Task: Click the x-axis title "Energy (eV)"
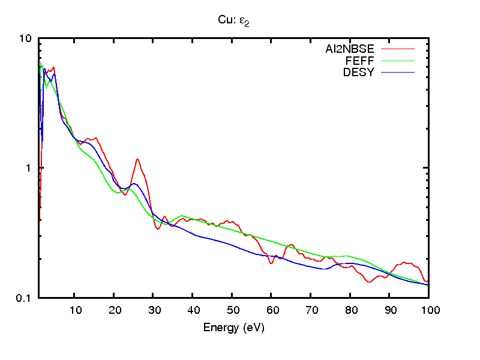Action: point(233,328)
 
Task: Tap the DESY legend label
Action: point(359,73)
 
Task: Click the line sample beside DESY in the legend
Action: point(398,73)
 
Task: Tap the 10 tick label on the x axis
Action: point(75,310)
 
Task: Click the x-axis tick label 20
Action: point(114,310)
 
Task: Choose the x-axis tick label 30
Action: point(153,310)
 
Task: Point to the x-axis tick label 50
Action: point(232,310)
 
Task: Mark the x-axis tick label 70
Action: point(310,310)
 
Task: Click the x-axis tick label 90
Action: point(389,310)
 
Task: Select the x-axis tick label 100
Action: point(428,310)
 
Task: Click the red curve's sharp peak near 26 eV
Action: point(138,159)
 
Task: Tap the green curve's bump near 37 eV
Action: point(181,215)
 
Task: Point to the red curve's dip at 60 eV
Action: point(271,263)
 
